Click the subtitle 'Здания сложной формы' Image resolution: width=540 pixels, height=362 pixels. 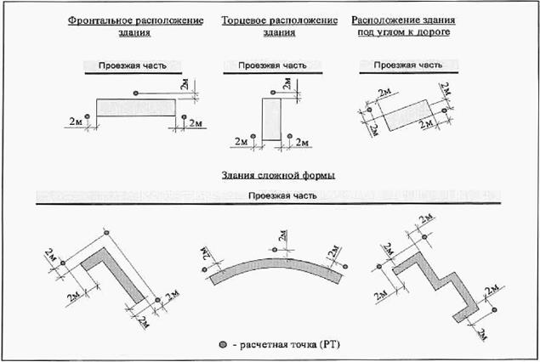(271, 175)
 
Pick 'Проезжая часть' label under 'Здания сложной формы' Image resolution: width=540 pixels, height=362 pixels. (284, 195)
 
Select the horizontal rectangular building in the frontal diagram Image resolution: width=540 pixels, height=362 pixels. (136, 108)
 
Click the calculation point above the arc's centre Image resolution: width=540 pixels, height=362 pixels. (273, 249)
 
